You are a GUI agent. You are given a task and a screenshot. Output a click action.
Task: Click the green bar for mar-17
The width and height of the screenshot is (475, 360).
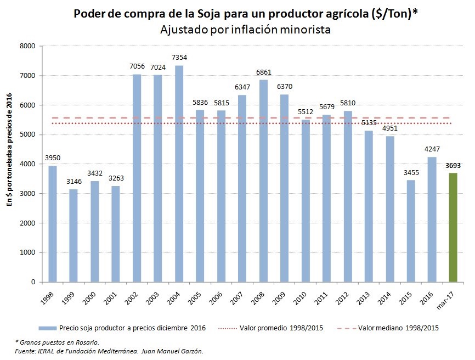[453, 227]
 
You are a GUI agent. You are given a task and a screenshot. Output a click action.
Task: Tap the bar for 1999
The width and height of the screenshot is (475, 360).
[73, 235]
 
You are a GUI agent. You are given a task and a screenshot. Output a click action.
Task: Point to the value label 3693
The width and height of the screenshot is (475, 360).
[453, 165]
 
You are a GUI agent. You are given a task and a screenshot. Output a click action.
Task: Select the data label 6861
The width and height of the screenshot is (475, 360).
[263, 72]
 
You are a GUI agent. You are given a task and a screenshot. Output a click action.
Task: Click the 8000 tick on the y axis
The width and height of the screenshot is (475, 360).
[27, 46]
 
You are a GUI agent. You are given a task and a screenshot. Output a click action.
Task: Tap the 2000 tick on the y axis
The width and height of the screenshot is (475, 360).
[27, 223]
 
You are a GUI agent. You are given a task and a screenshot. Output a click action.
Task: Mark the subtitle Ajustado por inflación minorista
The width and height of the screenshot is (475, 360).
[245, 30]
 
